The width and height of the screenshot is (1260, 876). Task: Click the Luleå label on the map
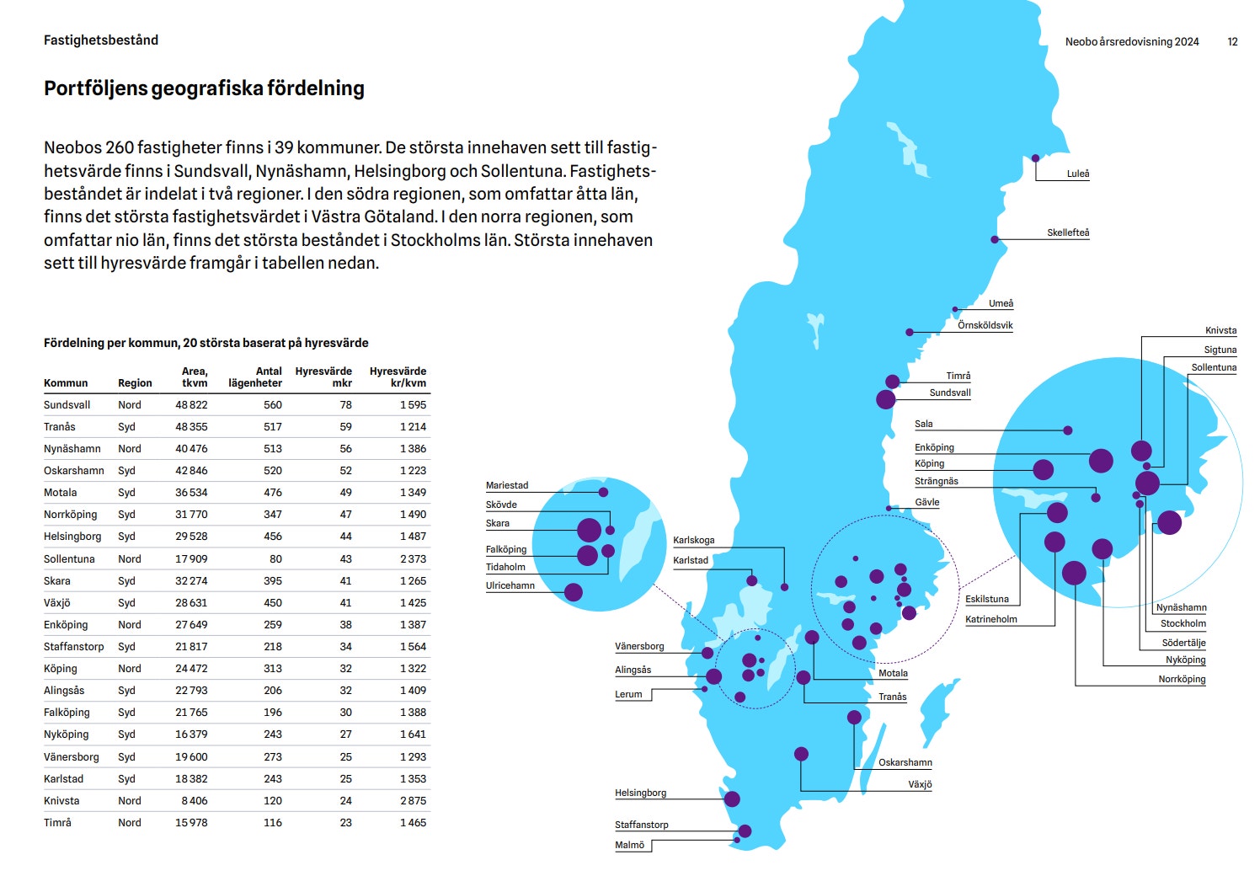[1077, 174]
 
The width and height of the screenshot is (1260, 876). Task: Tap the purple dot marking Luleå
[1036, 158]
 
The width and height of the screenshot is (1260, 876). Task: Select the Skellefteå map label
[1068, 232]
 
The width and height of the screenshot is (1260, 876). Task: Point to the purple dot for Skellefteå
[995, 240]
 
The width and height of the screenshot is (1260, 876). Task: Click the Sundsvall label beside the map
[950, 393]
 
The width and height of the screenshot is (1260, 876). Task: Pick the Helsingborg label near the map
[640, 793]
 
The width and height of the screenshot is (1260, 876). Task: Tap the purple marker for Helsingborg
[732, 799]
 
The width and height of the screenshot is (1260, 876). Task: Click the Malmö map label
[629, 845]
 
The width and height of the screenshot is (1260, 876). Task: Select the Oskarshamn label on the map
[905, 762]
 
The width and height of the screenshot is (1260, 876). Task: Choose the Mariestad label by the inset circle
[507, 485]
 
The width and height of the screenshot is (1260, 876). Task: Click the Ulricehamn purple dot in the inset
[574, 592]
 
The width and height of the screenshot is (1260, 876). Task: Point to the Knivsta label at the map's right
[1220, 330]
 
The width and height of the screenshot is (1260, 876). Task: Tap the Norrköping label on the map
[1182, 679]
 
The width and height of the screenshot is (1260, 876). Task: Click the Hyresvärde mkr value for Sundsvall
[345, 405]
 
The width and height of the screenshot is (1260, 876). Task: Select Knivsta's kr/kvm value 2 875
[413, 801]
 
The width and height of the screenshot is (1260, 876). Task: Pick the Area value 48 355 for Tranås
[191, 427]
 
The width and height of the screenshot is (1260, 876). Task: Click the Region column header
[135, 383]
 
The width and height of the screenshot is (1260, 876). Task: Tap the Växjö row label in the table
[57, 603]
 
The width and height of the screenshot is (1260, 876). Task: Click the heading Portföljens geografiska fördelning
[204, 88]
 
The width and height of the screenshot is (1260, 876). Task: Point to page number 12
[1232, 41]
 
